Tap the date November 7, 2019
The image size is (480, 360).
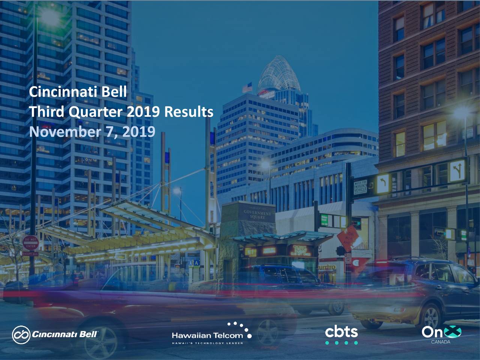92,132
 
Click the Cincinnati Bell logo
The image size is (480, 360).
55,334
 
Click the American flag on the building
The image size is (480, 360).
247,88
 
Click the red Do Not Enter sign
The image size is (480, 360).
30,243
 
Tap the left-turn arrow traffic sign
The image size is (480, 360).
383,184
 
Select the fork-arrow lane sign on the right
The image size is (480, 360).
457,171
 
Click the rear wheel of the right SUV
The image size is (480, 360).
431,317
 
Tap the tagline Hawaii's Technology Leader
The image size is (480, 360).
207,343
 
